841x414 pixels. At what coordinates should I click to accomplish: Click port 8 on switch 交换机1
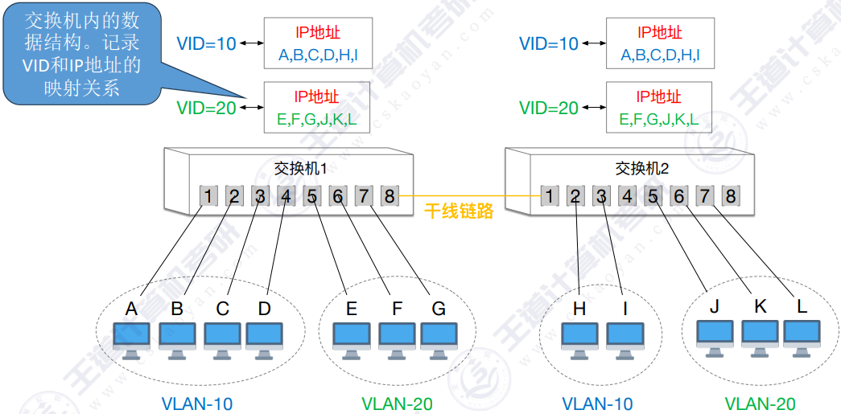click(x=389, y=197)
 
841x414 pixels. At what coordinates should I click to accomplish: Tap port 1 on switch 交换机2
click(x=549, y=197)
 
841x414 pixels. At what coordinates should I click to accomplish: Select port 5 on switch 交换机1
click(x=311, y=197)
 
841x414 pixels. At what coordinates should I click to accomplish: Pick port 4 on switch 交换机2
click(x=626, y=197)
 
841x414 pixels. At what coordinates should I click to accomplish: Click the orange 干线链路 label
click(x=459, y=211)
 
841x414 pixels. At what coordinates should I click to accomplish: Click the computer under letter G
click(x=439, y=341)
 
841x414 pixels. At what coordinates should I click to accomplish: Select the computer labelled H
click(x=579, y=341)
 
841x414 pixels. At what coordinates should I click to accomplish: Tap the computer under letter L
click(x=802, y=338)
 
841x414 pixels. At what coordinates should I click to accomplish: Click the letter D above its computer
click(x=265, y=309)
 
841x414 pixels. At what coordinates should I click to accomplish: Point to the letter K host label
click(x=760, y=306)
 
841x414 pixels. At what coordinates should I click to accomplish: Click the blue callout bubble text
click(x=82, y=55)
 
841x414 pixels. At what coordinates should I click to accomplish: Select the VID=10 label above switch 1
click(x=207, y=43)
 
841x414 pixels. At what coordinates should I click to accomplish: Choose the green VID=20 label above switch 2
click(x=549, y=109)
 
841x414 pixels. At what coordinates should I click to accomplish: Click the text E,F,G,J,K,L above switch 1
click(x=317, y=120)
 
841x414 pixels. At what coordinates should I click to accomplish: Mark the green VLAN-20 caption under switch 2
click(x=760, y=404)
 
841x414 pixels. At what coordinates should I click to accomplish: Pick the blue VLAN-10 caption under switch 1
click(x=197, y=404)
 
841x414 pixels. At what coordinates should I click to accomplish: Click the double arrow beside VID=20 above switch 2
click(x=592, y=109)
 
